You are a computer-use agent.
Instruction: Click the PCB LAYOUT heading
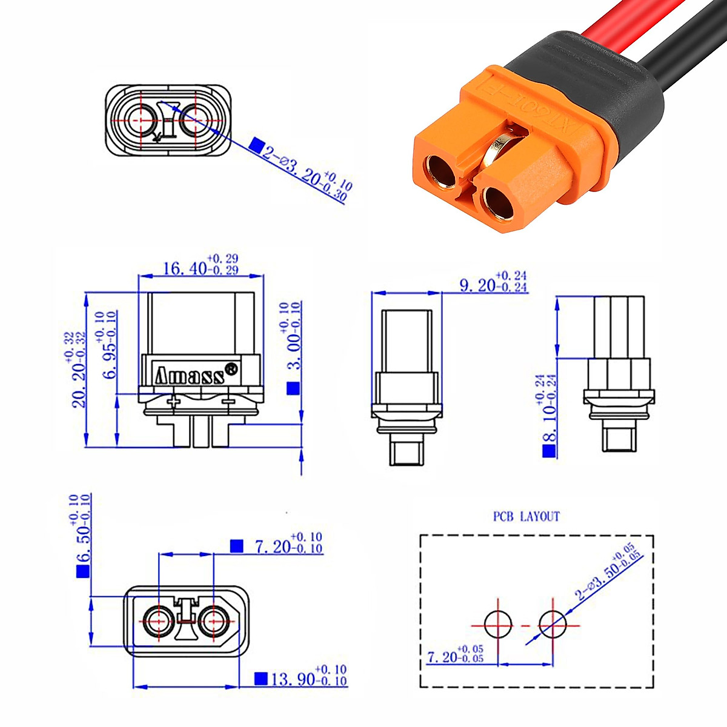pos(526,516)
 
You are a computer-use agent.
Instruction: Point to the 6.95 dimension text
pos(110,345)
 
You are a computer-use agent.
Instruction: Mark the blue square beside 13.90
pos(261,678)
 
